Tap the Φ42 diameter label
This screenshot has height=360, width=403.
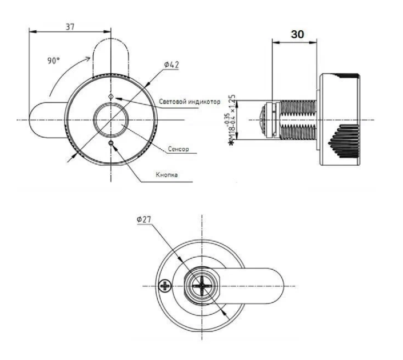171,65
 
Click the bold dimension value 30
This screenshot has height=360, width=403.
297,34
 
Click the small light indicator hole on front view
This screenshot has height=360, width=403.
111,97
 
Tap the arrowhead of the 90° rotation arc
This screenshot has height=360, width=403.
89,57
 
